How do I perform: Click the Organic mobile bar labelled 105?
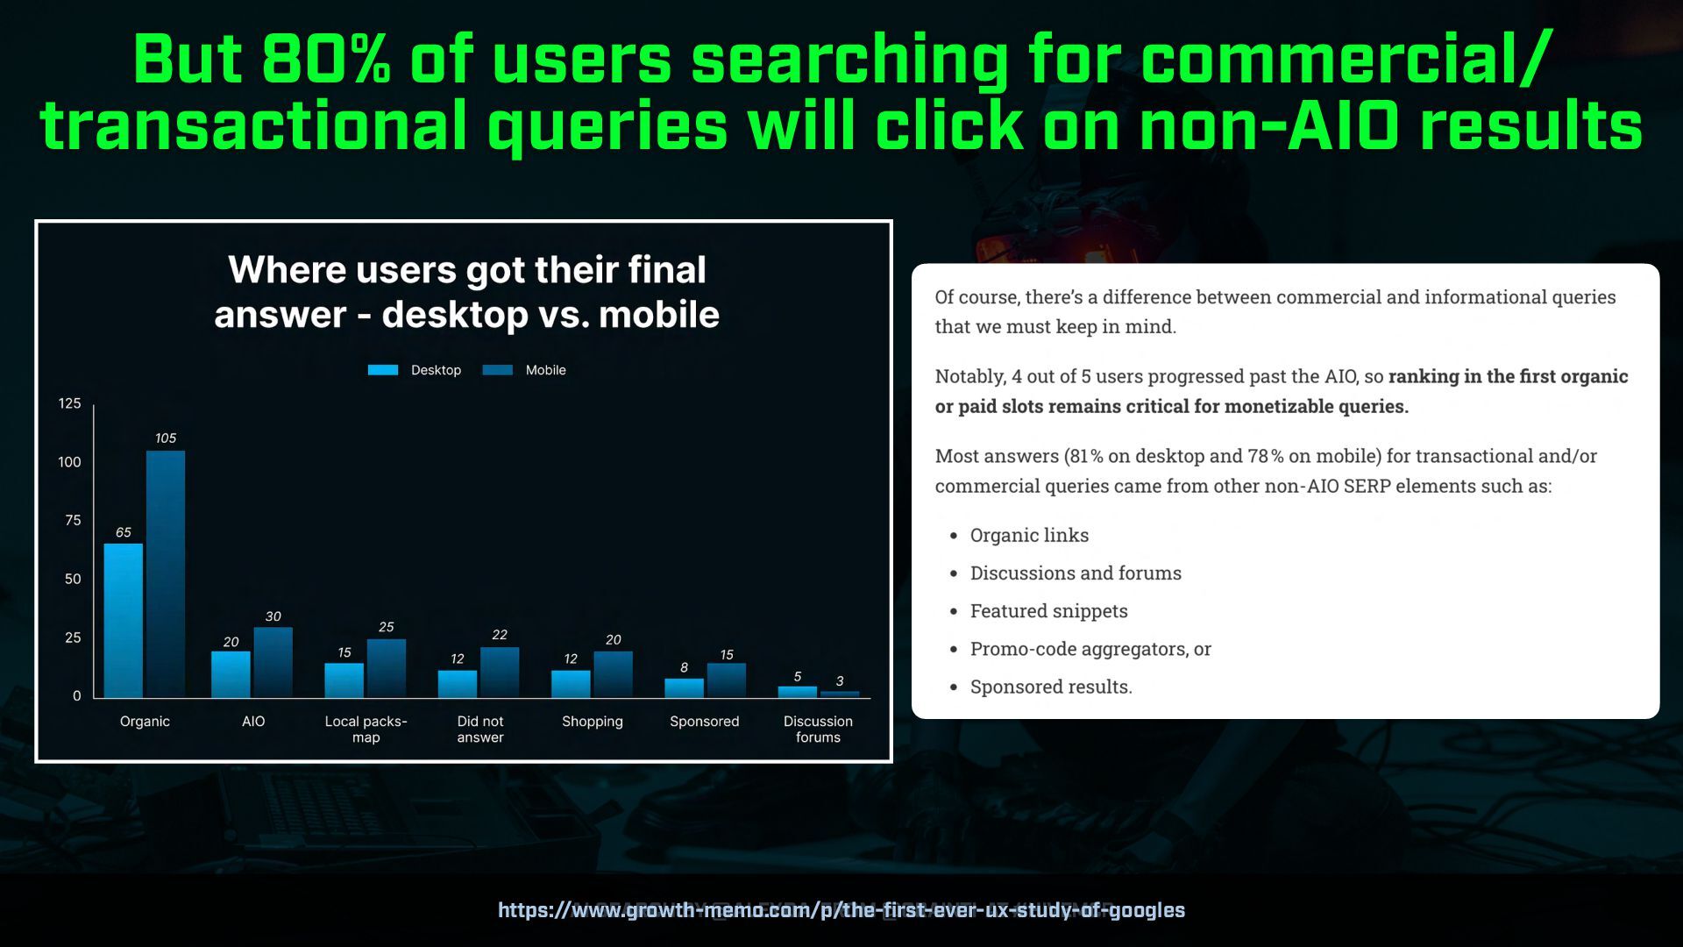166,574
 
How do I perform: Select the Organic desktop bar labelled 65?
124,621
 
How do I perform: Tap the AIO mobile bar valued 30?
273,663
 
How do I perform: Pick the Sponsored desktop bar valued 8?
685,688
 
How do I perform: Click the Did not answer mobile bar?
500,673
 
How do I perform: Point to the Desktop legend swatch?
383,370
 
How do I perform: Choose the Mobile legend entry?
524,370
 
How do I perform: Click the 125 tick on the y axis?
69,403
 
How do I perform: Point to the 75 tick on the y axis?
73,521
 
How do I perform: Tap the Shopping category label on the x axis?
593,722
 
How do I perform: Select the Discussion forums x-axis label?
818,729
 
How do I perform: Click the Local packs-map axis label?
366,729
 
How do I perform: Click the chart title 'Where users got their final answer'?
467,292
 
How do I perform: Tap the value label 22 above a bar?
500,635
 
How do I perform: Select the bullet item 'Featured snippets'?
1049,611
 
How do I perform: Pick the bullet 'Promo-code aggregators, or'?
1090,649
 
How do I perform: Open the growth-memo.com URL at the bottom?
841,910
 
